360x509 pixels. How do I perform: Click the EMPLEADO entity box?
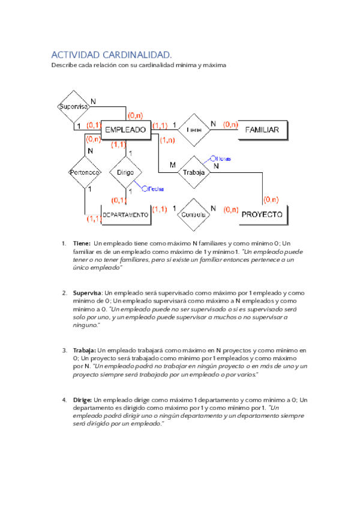pos(125,129)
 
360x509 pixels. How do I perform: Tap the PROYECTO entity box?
pos(262,214)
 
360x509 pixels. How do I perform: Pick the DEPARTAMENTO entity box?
pos(125,214)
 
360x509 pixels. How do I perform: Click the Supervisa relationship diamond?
pos(74,106)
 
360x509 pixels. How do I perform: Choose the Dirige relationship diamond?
pos(125,172)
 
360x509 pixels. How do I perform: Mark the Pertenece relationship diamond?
pos(84,172)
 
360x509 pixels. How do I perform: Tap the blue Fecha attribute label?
pos(155,188)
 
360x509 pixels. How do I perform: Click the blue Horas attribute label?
pos(224,159)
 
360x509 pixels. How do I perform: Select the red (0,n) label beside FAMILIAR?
pos(230,125)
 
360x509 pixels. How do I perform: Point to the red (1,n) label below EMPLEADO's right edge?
pos(167,140)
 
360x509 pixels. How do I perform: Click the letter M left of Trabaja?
pos(173,164)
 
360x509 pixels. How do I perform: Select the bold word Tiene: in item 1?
pos(81,244)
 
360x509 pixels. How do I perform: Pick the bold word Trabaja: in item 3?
pos(84,350)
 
